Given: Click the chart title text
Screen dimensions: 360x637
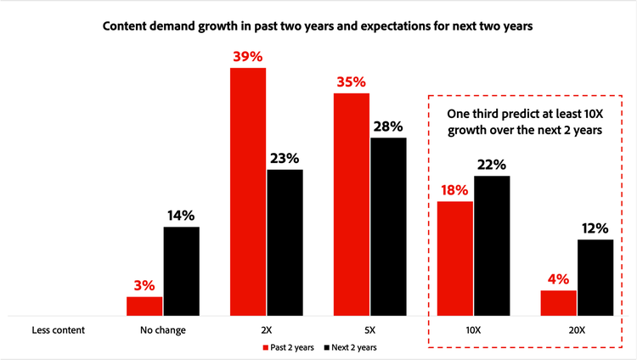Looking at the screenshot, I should click(318, 26).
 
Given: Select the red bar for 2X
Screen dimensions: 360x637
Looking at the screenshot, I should click(248, 191).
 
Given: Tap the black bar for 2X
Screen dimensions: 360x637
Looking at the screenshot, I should click(285, 242).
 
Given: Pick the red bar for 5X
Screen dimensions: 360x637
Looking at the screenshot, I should click(351, 204).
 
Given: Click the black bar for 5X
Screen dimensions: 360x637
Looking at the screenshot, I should click(388, 226).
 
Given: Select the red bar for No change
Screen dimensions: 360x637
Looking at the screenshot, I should click(144, 306).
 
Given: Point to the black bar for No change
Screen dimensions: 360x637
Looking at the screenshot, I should click(182, 271).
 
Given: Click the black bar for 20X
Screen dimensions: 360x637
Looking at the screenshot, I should click(595, 277).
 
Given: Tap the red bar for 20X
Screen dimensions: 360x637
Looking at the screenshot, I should click(558, 302).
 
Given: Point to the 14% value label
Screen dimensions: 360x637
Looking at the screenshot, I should click(182, 215).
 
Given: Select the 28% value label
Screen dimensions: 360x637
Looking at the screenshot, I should click(388, 127).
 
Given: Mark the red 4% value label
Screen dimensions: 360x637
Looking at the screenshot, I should click(558, 278).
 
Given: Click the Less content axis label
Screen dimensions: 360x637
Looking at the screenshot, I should click(59, 329).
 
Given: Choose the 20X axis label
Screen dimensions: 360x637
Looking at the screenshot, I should click(577, 329).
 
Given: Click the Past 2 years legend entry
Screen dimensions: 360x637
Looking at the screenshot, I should click(291, 347).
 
